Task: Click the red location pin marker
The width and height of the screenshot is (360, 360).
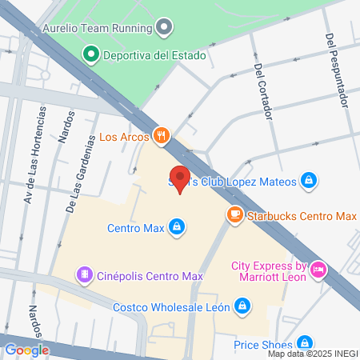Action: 180,179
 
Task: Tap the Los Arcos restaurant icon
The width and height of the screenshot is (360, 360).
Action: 162,135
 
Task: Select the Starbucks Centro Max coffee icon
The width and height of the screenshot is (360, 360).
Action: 234,215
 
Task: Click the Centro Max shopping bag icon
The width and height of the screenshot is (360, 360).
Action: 175,228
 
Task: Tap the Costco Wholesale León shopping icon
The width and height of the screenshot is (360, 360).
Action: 242,306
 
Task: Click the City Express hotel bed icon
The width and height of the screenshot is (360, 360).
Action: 318,270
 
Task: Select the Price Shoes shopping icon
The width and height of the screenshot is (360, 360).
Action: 302,344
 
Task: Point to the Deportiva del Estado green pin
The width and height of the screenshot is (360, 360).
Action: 90,55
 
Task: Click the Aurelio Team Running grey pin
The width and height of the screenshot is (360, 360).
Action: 164,28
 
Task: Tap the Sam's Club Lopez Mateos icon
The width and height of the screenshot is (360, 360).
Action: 308,180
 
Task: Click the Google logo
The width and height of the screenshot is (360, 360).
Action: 26,350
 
